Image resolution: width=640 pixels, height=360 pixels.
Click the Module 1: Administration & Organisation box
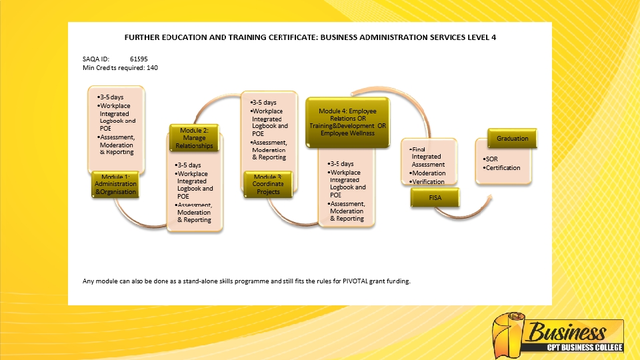(x=115, y=184)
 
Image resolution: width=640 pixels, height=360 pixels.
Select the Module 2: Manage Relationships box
(x=194, y=138)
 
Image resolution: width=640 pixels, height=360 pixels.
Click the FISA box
(x=435, y=198)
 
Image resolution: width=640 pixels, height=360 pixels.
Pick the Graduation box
(x=512, y=139)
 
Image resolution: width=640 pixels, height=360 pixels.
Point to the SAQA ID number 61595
(x=139, y=59)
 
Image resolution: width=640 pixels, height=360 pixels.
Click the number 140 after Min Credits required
(x=152, y=67)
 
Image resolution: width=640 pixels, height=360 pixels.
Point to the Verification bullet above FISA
(x=429, y=181)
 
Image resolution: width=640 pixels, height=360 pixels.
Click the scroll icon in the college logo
(x=509, y=334)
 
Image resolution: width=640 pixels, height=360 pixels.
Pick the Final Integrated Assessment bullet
(x=428, y=157)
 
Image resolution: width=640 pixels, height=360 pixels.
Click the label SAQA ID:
(x=95, y=59)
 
